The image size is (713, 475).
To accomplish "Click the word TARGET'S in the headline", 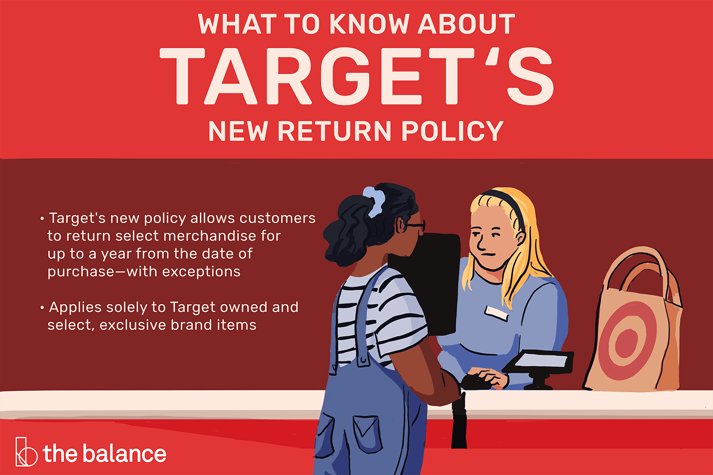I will click(356, 77).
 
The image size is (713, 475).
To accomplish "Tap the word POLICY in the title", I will click(452, 132).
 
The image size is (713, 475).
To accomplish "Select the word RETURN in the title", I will click(337, 132).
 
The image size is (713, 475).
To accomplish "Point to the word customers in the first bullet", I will click(277, 218).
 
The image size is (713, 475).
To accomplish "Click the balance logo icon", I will click(26, 452).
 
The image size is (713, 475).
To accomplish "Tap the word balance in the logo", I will click(125, 454).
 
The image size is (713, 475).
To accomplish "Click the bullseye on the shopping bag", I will click(626, 341).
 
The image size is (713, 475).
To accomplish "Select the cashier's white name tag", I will click(496, 312).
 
